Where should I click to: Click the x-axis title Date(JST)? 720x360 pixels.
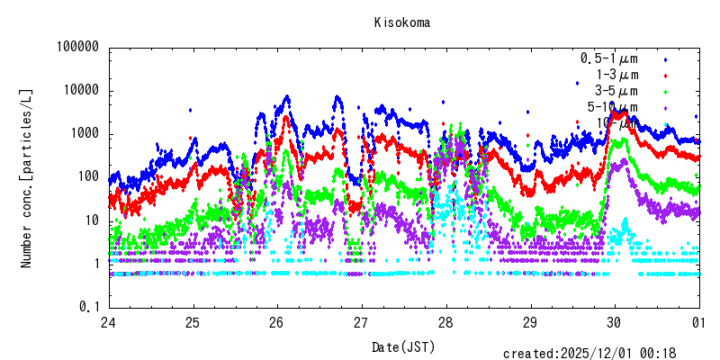click(402, 346)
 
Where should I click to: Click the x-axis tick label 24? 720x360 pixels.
click(108, 323)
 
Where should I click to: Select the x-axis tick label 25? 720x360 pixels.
click(193, 323)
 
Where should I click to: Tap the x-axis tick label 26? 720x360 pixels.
click(277, 323)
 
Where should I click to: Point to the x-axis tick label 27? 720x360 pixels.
click(362, 323)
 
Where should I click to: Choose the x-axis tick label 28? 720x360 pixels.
click(445, 323)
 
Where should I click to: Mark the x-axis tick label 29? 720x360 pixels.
click(530, 323)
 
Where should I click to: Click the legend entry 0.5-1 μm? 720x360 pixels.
click(609, 58)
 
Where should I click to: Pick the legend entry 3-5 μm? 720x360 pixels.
click(616, 91)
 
